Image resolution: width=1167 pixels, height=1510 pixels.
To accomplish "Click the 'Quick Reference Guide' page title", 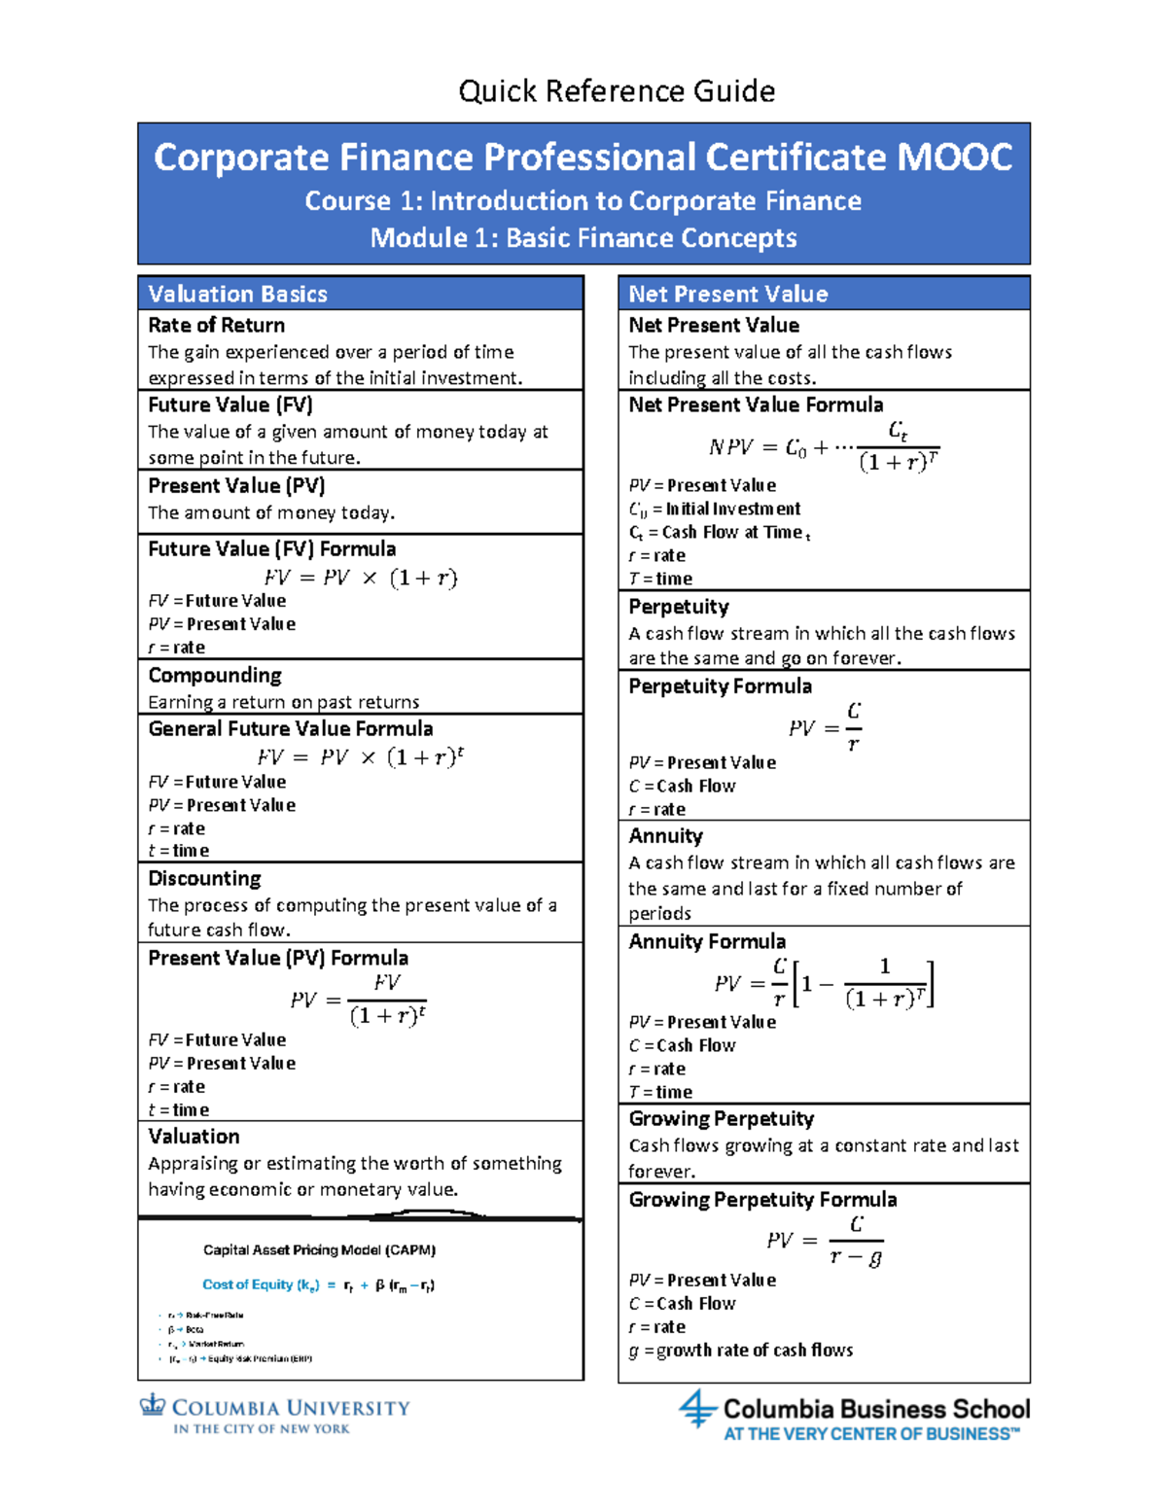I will (x=617, y=91).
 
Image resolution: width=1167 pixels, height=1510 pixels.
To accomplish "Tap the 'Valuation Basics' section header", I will (x=237, y=294).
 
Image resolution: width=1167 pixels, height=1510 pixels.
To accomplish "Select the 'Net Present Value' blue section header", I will (x=728, y=294).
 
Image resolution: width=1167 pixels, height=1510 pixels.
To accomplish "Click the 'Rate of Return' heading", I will (x=216, y=325).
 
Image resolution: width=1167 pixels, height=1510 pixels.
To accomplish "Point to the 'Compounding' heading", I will (x=215, y=675).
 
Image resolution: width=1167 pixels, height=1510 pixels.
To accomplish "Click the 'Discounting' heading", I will (x=204, y=878).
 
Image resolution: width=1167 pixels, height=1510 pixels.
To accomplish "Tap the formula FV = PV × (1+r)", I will (x=360, y=578).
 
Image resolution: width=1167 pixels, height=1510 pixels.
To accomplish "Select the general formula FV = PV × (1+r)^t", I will (x=360, y=756).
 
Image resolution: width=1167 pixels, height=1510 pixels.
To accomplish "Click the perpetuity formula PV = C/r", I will (x=825, y=727).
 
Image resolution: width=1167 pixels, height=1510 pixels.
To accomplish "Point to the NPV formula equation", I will (x=823, y=446).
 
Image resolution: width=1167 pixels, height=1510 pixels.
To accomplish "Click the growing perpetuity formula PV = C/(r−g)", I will (x=825, y=1241).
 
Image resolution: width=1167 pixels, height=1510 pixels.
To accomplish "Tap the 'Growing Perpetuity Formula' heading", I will (x=762, y=1199).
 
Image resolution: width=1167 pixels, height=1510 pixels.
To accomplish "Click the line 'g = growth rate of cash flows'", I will (x=741, y=1350).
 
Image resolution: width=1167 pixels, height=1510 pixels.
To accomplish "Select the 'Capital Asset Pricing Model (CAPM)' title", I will (x=319, y=1250).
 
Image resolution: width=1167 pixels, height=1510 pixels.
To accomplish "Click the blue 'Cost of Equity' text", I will (x=261, y=1284).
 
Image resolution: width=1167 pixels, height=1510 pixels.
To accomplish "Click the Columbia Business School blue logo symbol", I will (x=697, y=1408).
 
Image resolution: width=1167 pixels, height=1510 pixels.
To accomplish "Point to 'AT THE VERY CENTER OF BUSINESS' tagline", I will (x=871, y=1434).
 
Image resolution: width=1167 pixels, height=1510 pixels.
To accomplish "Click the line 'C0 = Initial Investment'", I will (x=715, y=509).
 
